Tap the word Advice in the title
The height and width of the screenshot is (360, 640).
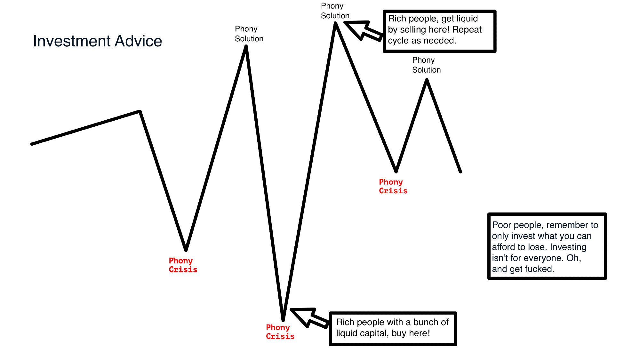pyautogui.click(x=139, y=41)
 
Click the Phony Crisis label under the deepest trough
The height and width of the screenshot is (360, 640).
pyautogui.click(x=280, y=332)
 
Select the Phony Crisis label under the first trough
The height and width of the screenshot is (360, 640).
pyautogui.click(x=183, y=265)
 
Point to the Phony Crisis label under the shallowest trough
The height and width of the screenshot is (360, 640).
pyautogui.click(x=393, y=187)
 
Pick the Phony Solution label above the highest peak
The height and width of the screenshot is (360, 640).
pyautogui.click(x=335, y=11)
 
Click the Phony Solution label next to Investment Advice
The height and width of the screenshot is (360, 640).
pyautogui.click(x=249, y=34)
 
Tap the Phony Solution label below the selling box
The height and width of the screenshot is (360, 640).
pyautogui.click(x=426, y=65)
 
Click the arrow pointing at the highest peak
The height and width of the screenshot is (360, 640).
pyautogui.click(x=364, y=31)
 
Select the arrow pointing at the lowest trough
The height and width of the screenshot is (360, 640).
pyautogui.click(x=310, y=318)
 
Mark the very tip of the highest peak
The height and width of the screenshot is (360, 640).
pyautogui.click(x=335, y=23)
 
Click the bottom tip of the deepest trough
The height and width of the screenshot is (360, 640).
pyautogui.click(x=283, y=320)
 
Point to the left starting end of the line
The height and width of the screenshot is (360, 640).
pyautogui.click(x=32, y=144)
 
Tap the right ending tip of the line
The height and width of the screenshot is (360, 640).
pyautogui.click(x=460, y=172)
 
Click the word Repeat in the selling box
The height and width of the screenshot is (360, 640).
pyautogui.click(x=467, y=30)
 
